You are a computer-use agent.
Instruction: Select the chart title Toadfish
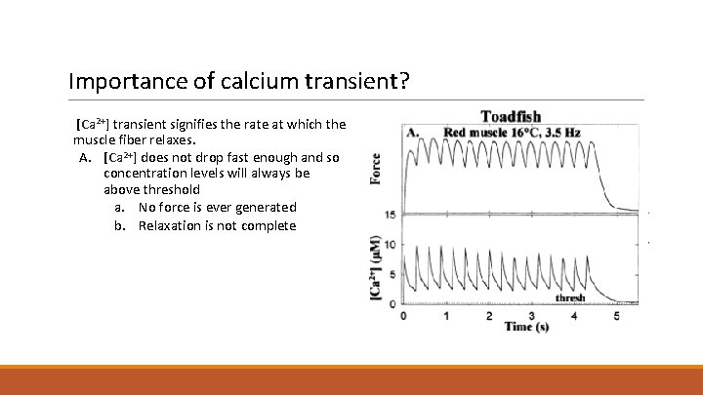coord(511,118)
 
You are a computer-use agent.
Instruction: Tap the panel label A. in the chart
coord(413,132)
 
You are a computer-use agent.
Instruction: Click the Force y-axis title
coord(376,168)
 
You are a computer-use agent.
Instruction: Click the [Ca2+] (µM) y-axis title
coord(376,265)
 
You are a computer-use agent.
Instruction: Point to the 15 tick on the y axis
coord(391,215)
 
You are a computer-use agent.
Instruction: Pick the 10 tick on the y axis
coord(391,245)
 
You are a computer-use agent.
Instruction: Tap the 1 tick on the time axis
coord(446,315)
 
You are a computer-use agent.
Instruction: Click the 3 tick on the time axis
coord(531,315)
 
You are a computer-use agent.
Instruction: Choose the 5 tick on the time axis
coord(616,315)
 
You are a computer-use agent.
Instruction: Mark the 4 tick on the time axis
coord(574,315)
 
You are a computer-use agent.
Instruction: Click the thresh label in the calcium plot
coord(570,297)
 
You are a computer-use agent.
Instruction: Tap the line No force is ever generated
coord(217,207)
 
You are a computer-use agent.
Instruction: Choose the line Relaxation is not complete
coord(217,225)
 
